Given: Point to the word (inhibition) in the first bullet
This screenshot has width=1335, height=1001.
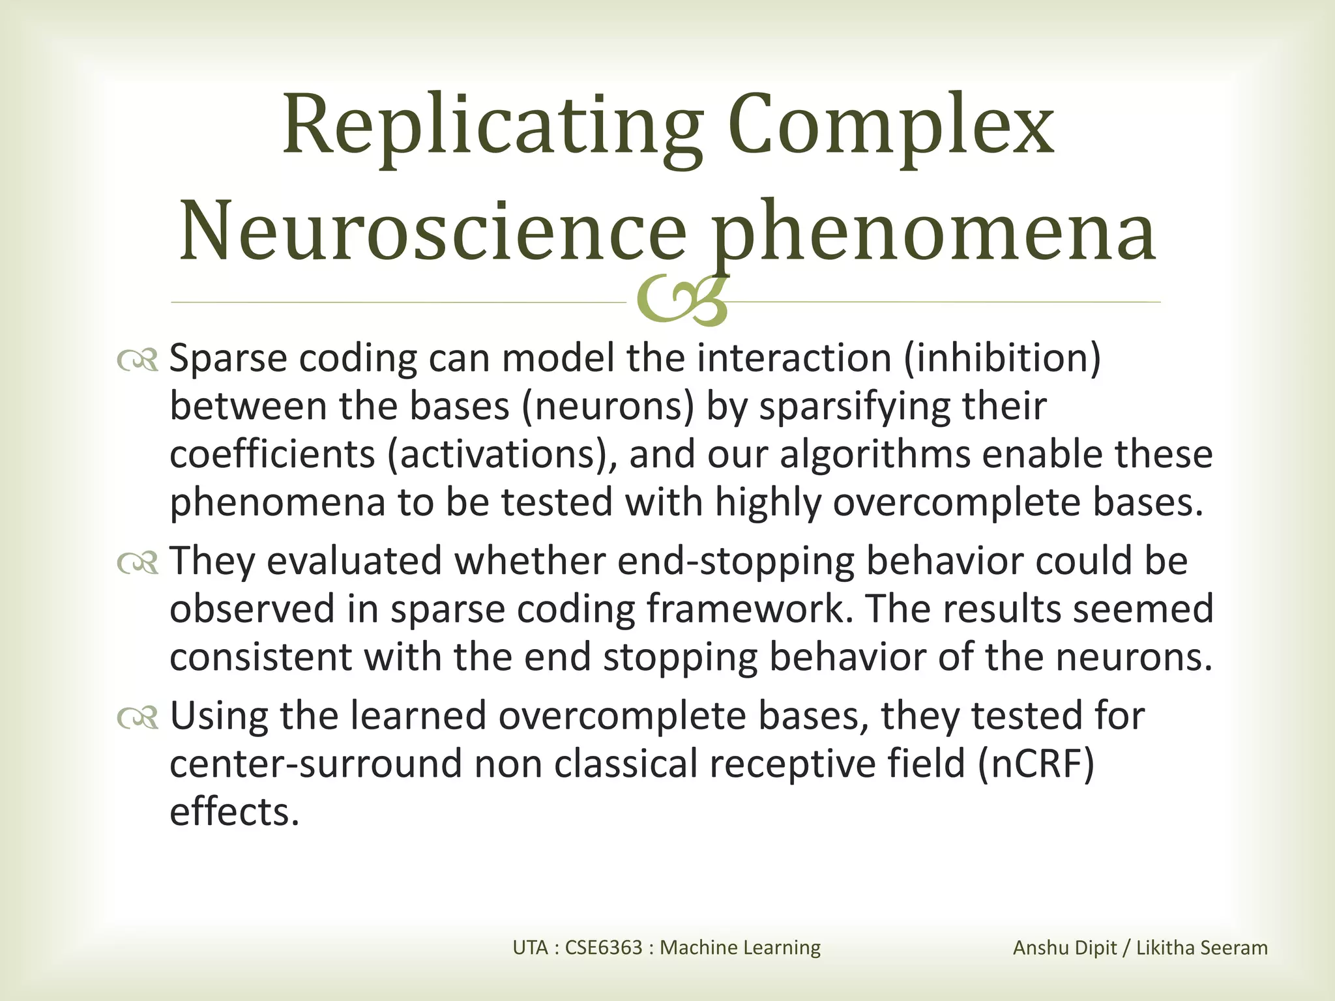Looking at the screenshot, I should tap(1002, 359).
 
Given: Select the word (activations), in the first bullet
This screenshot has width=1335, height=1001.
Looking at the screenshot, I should tap(501, 455).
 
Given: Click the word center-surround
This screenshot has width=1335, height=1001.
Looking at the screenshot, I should tap(315, 764).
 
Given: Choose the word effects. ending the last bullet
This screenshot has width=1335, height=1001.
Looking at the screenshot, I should tap(234, 812).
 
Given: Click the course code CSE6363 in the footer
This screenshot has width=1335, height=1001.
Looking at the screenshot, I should tap(604, 948).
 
